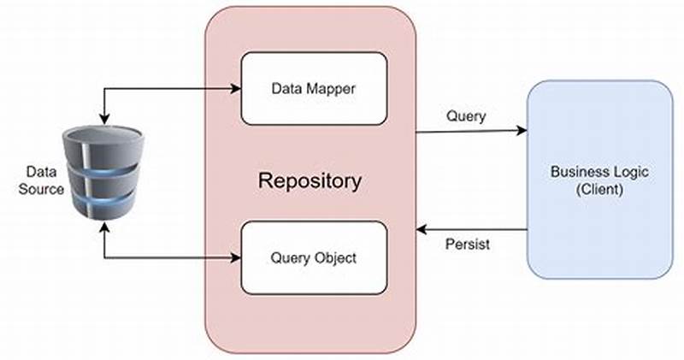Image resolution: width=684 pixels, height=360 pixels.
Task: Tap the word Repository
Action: [310, 181]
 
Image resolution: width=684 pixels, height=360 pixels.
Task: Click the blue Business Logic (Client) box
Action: [598, 180]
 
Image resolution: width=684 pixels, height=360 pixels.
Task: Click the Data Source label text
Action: [41, 180]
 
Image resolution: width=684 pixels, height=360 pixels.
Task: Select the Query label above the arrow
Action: [466, 116]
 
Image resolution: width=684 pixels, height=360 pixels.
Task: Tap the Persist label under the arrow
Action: [468, 245]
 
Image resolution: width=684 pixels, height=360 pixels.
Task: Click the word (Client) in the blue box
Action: [598, 189]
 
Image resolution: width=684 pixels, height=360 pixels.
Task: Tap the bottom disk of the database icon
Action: [102, 202]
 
